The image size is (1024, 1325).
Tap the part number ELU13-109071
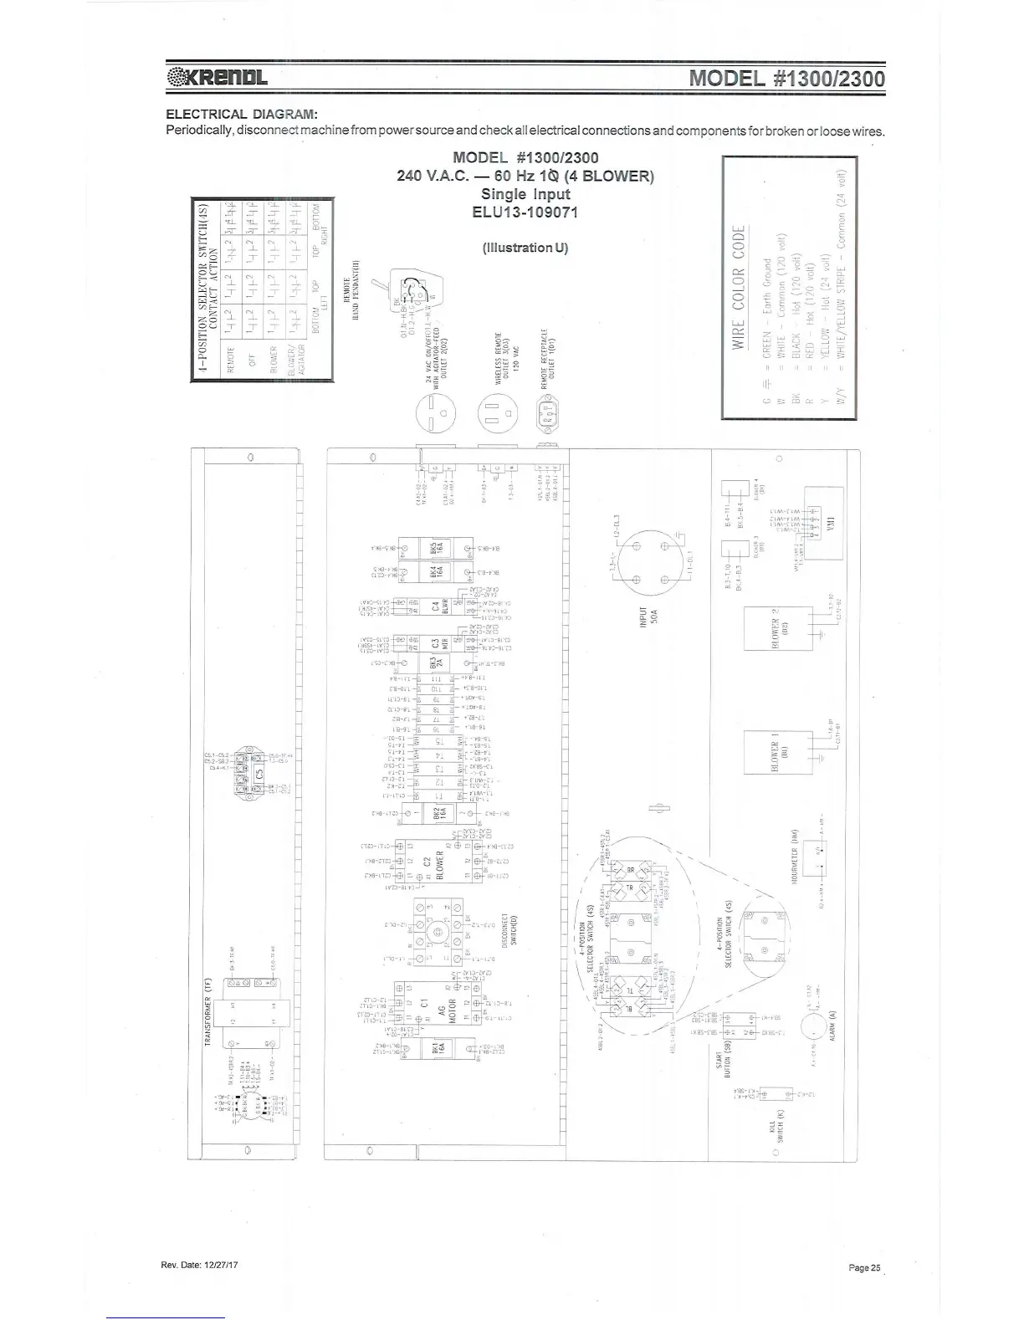tap(525, 212)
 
